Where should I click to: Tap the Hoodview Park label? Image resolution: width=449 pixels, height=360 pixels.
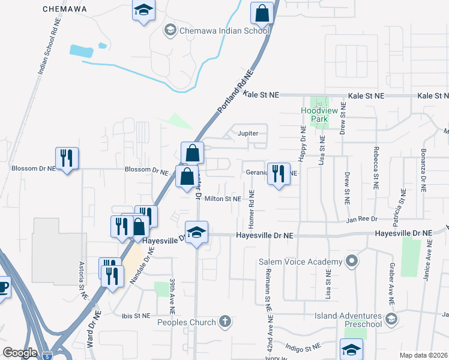tap(314, 115)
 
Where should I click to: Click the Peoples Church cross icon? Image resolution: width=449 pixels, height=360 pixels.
tap(225, 322)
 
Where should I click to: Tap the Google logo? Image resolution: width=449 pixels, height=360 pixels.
tap(20, 352)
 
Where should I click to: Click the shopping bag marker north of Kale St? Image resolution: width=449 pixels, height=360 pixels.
tap(262, 13)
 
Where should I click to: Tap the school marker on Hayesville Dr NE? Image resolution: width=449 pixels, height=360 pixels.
tap(196, 233)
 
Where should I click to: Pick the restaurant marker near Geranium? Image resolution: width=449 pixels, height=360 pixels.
tap(278, 175)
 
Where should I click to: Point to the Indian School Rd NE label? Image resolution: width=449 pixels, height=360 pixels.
tap(49, 46)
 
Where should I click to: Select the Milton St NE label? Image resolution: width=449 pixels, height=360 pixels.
tap(223, 199)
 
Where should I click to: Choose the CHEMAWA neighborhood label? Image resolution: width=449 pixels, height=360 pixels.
tap(65, 9)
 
